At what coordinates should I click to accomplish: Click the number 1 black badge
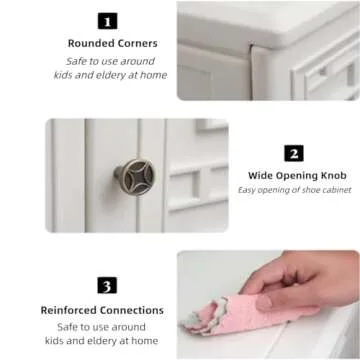pyautogui.click(x=108, y=21)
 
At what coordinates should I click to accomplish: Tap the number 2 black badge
pyautogui.click(x=294, y=153)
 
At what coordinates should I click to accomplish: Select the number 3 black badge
pyautogui.click(x=107, y=285)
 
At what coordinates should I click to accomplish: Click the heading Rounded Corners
pyautogui.click(x=113, y=43)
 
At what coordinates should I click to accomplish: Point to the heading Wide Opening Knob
pyautogui.click(x=297, y=176)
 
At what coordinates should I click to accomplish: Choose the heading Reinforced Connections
pyautogui.click(x=102, y=310)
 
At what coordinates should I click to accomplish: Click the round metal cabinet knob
pyautogui.click(x=136, y=176)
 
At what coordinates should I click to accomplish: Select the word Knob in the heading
pyautogui.click(x=332, y=176)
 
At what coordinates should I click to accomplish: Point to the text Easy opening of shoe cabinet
pyautogui.click(x=295, y=190)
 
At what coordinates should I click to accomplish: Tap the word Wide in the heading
pyautogui.click(x=260, y=176)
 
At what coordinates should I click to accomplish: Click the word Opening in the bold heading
pyautogui.click(x=295, y=176)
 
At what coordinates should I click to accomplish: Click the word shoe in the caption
pyautogui.click(x=312, y=190)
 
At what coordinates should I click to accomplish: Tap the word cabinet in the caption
pyautogui.click(x=338, y=190)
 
